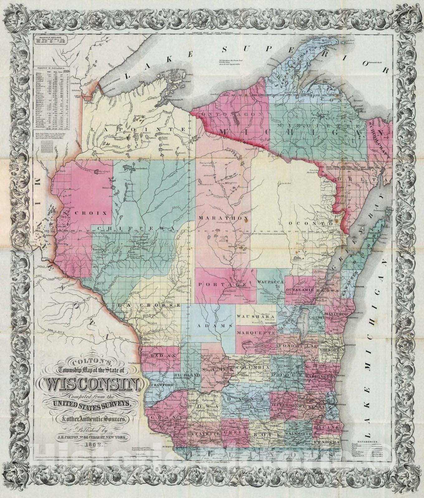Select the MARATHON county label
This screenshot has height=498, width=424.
pyautogui.click(x=218, y=218)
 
